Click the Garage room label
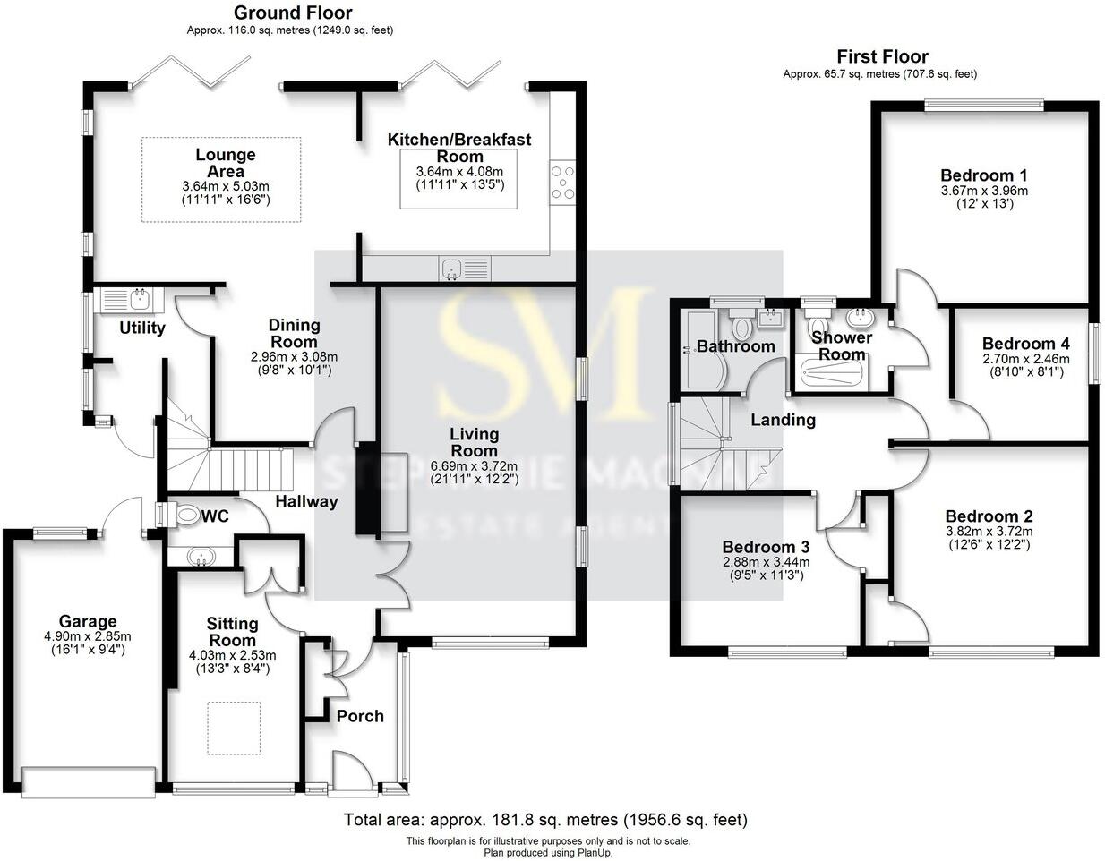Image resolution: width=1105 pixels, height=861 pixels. coord(88,621)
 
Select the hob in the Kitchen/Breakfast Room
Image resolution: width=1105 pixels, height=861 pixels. coord(562,183)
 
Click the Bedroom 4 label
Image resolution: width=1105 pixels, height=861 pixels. coord(1025,344)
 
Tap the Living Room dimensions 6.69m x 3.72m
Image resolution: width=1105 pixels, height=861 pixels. coord(474,466)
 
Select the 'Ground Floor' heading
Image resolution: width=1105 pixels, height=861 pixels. coord(292,13)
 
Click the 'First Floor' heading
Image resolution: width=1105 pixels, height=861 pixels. coord(881,56)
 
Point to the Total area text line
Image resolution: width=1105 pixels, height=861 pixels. coord(545,820)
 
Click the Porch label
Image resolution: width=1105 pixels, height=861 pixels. coord(360,716)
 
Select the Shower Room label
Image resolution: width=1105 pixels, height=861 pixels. coord(841,345)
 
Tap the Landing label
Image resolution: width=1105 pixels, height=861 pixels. coord(783,420)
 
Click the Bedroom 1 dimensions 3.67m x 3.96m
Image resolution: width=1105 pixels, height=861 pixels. coord(983,191)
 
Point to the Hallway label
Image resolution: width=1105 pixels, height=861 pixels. coord(305,502)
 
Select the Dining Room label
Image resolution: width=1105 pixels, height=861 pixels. coord(294,333)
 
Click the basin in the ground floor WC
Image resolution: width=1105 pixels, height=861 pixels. coord(200,558)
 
